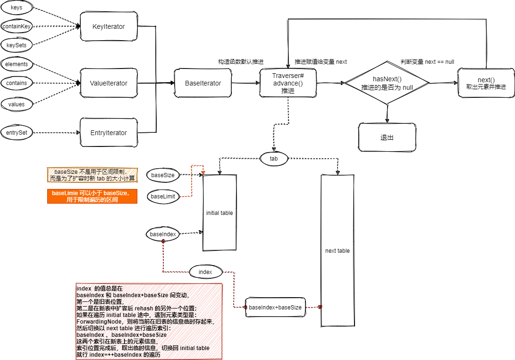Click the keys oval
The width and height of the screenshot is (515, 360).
[17, 8]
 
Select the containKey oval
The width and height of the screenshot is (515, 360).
[17, 27]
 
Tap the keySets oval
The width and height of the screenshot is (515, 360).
[17, 45]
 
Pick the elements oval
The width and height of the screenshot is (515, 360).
[17, 64]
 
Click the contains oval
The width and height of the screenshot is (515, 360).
[17, 83]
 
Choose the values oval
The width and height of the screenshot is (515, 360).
[17, 104]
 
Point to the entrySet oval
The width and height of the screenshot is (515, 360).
[17, 133]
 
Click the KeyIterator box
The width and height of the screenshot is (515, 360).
[109, 26]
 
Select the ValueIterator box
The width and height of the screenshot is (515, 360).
[109, 83]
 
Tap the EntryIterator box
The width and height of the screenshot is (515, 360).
[109, 133]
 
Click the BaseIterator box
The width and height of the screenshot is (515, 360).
[203, 83]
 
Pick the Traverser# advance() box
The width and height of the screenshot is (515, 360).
[288, 83]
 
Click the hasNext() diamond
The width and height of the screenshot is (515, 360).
[387, 84]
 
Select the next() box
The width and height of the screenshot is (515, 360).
[486, 84]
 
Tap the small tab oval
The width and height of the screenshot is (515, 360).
[274, 159]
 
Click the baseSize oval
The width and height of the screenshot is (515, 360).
[163, 175]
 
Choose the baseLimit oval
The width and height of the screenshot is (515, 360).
[163, 196]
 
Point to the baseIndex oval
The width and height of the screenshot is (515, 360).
[163, 234]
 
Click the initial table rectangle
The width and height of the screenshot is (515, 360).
[220, 213]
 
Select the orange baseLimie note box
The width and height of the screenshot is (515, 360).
[92, 197]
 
